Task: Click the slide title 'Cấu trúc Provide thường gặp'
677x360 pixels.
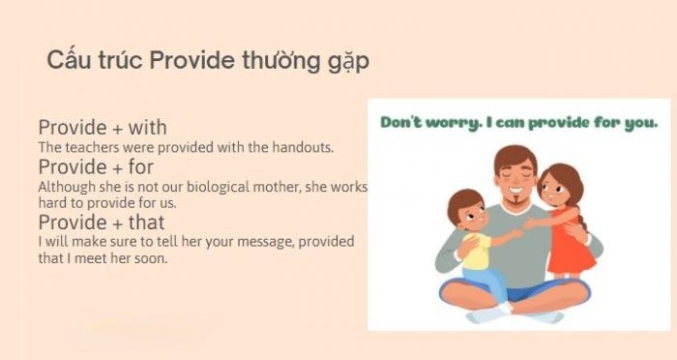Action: tap(207, 60)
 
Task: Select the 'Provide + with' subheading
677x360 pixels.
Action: tap(103, 128)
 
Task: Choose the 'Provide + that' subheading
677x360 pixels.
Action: tap(102, 223)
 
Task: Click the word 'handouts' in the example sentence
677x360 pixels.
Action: tap(304, 147)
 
